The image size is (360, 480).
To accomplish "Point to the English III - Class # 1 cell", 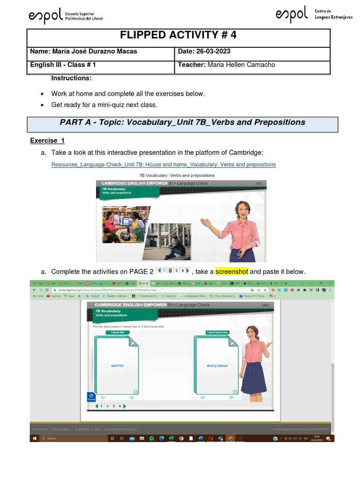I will point(63,65).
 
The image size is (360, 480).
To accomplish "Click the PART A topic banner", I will point(182,122).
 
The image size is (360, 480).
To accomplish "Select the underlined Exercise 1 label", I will point(47,141).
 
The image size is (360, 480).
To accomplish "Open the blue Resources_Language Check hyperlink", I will point(163,165).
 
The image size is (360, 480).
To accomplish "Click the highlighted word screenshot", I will point(232,272).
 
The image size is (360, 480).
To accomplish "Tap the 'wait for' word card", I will point(117,366).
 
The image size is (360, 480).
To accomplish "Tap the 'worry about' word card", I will point(217,366).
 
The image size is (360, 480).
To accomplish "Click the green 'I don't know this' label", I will point(217,332).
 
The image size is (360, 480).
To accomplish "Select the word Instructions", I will point(71,78).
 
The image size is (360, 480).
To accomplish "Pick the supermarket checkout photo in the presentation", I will point(124,218).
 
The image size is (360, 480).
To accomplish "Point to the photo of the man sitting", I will point(167,241).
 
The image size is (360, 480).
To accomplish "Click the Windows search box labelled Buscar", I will point(61,438).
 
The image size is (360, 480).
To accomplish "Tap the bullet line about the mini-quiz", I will point(104,105).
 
